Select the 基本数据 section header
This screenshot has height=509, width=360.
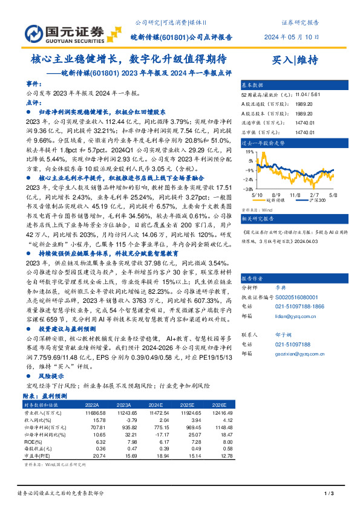(x=253, y=85)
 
